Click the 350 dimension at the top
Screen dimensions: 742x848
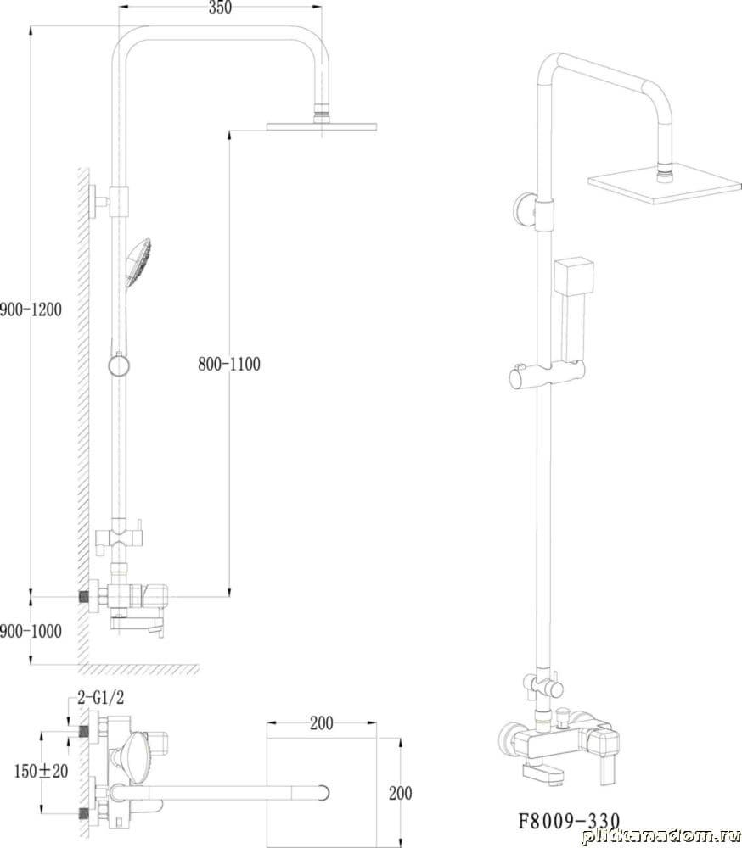tap(219, 8)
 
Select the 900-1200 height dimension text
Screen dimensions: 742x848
tap(31, 310)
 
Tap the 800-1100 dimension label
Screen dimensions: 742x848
tap(229, 364)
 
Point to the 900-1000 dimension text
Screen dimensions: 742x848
tap(31, 631)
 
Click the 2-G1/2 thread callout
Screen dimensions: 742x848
tap(101, 698)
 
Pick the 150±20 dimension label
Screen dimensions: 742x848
tap(41, 771)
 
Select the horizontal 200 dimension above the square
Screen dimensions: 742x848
tap(322, 723)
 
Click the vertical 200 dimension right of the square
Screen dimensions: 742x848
tap(400, 794)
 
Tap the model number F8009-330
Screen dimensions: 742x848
tap(569, 821)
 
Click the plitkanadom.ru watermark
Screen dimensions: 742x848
tap(660, 836)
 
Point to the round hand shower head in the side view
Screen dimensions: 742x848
tap(138, 262)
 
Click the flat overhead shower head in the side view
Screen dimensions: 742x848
tap(322, 127)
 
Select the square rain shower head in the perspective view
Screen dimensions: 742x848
tap(665, 188)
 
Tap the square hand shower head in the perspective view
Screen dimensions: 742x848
tap(574, 277)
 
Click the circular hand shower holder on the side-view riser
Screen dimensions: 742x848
tap(119, 365)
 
